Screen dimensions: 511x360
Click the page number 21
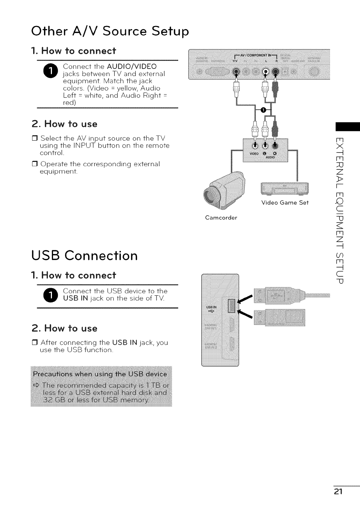(x=338, y=492)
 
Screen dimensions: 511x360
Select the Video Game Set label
(x=285, y=202)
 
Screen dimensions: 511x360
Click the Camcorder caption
(x=221, y=218)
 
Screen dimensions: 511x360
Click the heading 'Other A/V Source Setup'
(x=110, y=31)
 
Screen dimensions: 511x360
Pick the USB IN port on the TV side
(x=231, y=305)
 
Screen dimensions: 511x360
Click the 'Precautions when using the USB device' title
(x=100, y=374)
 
